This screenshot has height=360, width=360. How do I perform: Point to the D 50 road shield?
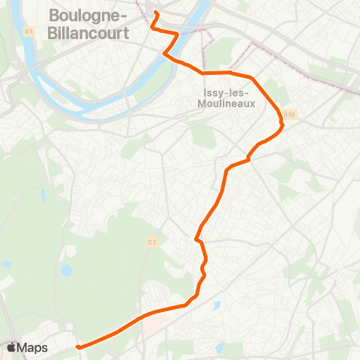[290, 114]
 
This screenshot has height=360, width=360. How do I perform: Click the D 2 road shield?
[151, 241]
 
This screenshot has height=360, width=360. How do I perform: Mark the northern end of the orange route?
[157, 14]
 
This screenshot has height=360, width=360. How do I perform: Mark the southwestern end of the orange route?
[78, 346]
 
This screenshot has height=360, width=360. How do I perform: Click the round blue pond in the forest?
[67, 270]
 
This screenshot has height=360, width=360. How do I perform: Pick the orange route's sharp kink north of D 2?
[196, 239]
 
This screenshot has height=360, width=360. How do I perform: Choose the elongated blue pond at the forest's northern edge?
[44, 196]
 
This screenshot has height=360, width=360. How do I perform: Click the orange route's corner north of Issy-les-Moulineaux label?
[204, 73]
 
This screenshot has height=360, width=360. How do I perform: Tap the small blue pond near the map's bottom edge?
[220, 348]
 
